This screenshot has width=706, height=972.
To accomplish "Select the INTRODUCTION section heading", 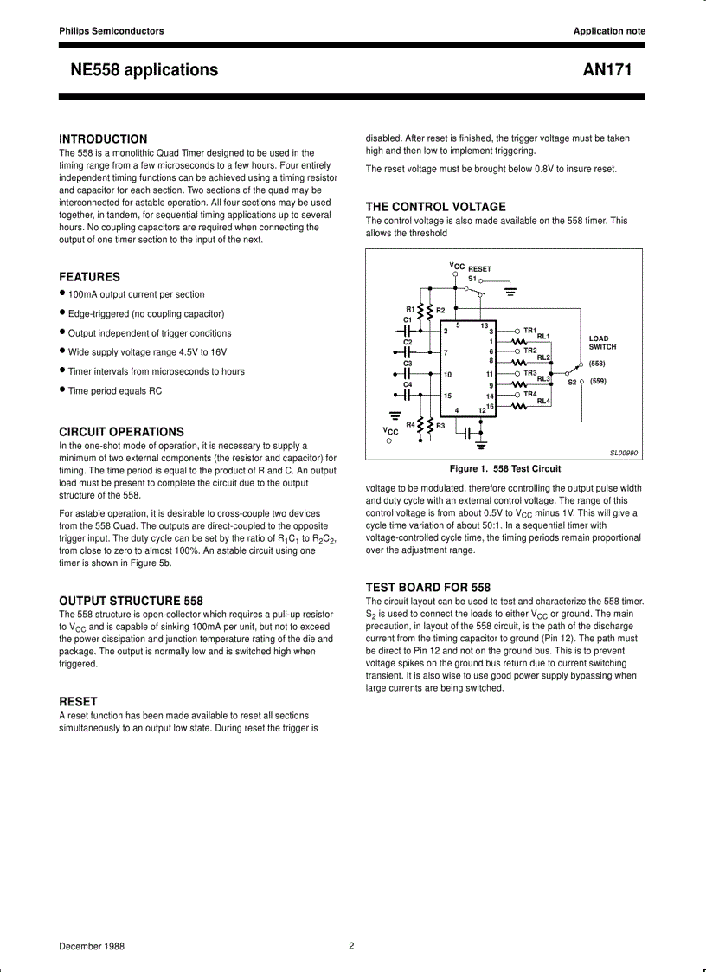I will click(x=103, y=138).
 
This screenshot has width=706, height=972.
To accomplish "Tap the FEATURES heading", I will click(x=89, y=277).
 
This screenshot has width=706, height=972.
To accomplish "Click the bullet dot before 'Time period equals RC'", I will click(x=62, y=389).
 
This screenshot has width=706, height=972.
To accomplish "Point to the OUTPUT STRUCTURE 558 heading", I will click(x=131, y=601).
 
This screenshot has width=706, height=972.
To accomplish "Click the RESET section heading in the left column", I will click(x=78, y=701).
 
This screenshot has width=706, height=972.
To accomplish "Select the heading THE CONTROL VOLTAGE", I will click(x=435, y=207).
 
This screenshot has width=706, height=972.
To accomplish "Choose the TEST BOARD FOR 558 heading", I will click(x=427, y=587).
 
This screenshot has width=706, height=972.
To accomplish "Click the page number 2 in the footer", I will click(x=351, y=946).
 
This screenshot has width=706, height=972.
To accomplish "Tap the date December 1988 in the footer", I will click(x=92, y=946).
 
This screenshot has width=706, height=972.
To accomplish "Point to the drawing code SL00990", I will click(x=624, y=453).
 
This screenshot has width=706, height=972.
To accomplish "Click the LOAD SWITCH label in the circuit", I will click(x=602, y=343).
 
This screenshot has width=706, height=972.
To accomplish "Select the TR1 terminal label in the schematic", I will click(x=530, y=330).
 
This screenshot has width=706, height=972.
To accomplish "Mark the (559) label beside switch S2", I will click(x=598, y=381).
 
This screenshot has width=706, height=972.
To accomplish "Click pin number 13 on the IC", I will click(x=485, y=325).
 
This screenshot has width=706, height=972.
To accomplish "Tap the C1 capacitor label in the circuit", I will click(x=408, y=319).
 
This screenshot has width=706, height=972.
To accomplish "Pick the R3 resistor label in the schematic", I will click(x=440, y=425).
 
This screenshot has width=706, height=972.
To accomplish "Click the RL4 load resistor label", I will click(x=543, y=402).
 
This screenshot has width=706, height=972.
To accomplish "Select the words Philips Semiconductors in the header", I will click(x=111, y=31).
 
